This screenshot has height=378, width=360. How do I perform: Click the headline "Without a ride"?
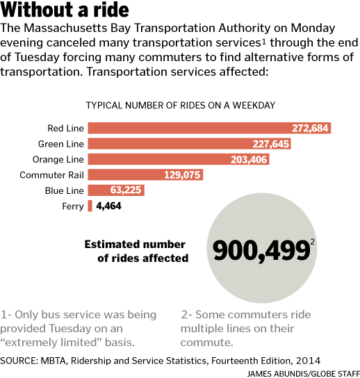pyautogui.click(x=65, y=10)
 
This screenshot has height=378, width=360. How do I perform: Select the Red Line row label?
pyautogui.click(x=65, y=129)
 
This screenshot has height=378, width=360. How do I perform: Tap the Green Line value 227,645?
pyautogui.click(x=270, y=144)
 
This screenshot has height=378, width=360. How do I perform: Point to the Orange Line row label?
pyautogui.click(x=58, y=159)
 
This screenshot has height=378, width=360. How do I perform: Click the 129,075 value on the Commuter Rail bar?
pyautogui.click(x=182, y=175)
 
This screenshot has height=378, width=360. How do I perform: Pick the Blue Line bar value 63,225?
pyautogui.click(x=126, y=190)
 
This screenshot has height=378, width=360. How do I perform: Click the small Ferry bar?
pyautogui.click(x=90, y=206)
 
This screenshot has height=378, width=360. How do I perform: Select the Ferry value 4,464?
pyautogui.click(x=108, y=206)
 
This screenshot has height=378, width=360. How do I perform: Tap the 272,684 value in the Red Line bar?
pyautogui.click(x=310, y=129)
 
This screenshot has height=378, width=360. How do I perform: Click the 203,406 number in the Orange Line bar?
pyautogui.click(x=249, y=159)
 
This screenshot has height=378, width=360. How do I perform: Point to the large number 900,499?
pyautogui.click(x=261, y=251)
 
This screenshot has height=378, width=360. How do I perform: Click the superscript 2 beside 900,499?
pyautogui.click(x=313, y=242)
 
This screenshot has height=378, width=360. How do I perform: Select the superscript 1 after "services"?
pyautogui.click(x=264, y=42)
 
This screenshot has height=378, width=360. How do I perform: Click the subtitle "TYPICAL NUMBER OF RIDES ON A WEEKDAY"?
pyautogui.click(x=181, y=106)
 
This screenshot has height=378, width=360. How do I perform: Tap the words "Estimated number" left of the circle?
pyautogui.click(x=135, y=244)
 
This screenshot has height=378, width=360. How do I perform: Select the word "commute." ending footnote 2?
pyautogui.click(x=207, y=343)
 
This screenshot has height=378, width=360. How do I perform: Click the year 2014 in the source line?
pyautogui.click(x=308, y=361)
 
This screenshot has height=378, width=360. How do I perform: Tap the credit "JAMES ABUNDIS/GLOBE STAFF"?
pyautogui.click(x=303, y=374)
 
